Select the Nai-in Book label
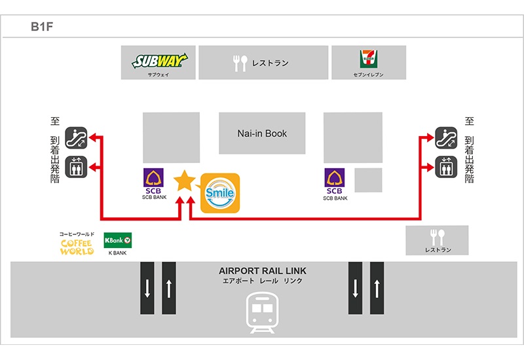[x=262, y=134]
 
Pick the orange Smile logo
[x=220, y=192]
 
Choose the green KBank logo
[x=118, y=240]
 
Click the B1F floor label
[x=41, y=27]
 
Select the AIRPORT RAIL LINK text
[x=262, y=271]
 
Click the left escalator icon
[x=79, y=137]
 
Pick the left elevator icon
[x=79, y=168]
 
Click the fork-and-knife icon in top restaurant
[x=240, y=63]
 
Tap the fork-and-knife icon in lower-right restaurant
[x=437, y=237]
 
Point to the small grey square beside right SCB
[x=368, y=180]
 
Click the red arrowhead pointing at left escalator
[x=94, y=137]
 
